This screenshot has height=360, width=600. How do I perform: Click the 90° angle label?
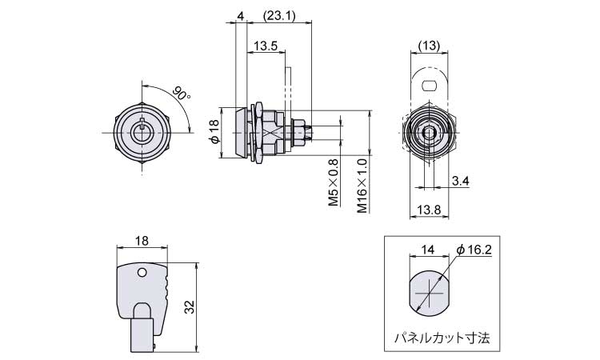(182, 94)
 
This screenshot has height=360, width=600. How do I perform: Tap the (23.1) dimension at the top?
(279, 16)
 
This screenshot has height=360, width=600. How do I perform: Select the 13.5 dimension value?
(265, 46)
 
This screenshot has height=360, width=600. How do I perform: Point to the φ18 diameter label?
(214, 132)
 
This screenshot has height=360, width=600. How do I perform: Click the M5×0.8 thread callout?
(334, 183)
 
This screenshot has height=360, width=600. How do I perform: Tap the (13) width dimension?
(430, 46)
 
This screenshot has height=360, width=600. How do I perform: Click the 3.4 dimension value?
(460, 181)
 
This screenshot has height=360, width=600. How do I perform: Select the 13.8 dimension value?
(429, 210)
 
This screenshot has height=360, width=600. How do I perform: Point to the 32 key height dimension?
(190, 307)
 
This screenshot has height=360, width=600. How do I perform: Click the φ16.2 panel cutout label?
(474, 250)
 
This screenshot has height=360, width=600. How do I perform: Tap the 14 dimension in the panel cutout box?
(428, 250)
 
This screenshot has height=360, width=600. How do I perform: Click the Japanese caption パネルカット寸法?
(442, 338)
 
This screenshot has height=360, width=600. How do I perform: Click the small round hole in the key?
(142, 272)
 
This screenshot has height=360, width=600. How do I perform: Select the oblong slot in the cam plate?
(429, 86)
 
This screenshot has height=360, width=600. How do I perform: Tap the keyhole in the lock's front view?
(142, 131)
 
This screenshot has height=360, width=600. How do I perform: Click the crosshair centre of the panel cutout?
(430, 294)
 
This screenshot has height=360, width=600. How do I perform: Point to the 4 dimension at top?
(240, 16)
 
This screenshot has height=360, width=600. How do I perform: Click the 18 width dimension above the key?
(142, 241)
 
